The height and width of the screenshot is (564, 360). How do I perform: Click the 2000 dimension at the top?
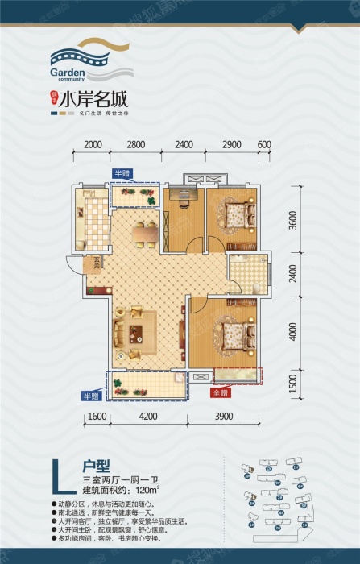click(93, 145)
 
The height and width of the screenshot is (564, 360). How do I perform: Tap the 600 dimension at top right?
click(263, 145)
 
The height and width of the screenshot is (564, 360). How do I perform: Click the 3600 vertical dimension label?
click(295, 219)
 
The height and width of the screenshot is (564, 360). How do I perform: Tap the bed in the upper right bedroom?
click(236, 215)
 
